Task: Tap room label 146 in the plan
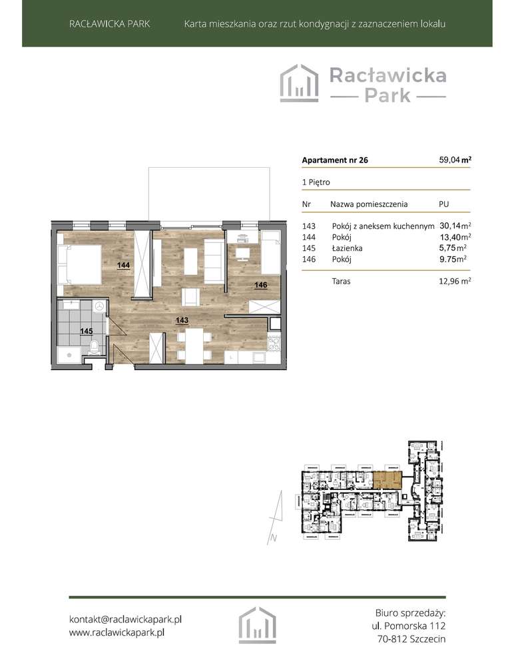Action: tap(261, 285)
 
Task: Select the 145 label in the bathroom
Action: tap(86, 330)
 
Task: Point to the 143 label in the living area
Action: tap(182, 320)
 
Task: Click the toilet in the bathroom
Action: tap(95, 347)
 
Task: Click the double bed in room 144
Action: tap(79, 264)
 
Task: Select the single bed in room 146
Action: tap(271, 254)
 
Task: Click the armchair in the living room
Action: tap(190, 296)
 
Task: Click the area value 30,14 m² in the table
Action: tap(455, 226)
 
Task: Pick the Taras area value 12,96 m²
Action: tap(455, 282)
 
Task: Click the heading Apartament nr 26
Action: tap(335, 160)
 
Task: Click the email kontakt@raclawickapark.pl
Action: tap(126, 619)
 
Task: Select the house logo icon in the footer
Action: tap(257, 625)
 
